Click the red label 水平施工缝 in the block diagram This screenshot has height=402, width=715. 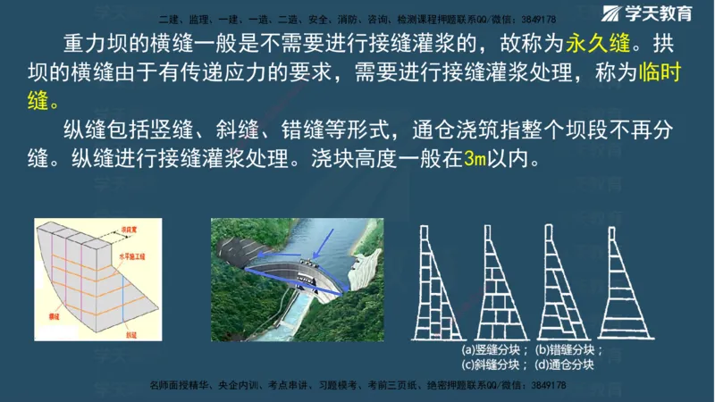pos(134,255)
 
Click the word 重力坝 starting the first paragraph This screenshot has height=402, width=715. pos(92,44)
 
